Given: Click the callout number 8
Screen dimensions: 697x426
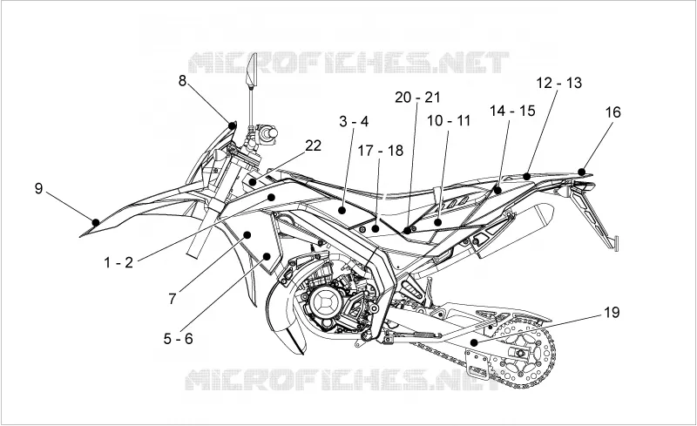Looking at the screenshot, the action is pyautogui.click(x=182, y=81).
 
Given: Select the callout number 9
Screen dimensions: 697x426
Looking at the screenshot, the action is pyautogui.click(x=38, y=188).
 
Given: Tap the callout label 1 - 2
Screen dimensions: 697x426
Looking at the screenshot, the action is pyautogui.click(x=118, y=262).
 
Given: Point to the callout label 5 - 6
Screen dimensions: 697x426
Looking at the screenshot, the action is pyautogui.click(x=179, y=339).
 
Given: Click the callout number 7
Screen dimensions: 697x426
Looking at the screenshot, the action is pyautogui.click(x=173, y=299).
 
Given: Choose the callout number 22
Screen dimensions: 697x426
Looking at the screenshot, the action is pyautogui.click(x=313, y=145).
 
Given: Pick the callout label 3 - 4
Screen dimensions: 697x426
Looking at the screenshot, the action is pyautogui.click(x=354, y=121).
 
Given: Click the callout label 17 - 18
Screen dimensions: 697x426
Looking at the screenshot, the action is pyautogui.click(x=381, y=151).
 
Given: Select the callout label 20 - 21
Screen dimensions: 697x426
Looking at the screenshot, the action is pyautogui.click(x=417, y=98).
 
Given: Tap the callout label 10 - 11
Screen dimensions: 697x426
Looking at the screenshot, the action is pyautogui.click(x=449, y=120).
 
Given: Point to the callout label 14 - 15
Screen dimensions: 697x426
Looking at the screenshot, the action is pyautogui.click(x=512, y=111).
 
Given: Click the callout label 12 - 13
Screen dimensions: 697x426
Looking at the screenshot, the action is pyautogui.click(x=558, y=83).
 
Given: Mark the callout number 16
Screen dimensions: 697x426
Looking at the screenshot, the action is pyautogui.click(x=612, y=112).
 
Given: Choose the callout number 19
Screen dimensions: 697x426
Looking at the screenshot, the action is pyautogui.click(x=612, y=313).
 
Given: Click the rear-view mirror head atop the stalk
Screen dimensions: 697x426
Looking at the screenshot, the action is pyautogui.click(x=252, y=70).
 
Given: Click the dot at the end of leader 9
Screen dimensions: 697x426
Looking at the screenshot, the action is pyautogui.click(x=96, y=222).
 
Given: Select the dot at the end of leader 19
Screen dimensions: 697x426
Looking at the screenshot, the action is pyautogui.click(x=474, y=342).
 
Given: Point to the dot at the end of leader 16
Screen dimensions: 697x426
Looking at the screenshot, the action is pyautogui.click(x=581, y=172).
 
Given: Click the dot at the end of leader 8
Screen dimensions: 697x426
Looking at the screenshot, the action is pyautogui.click(x=232, y=125).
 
